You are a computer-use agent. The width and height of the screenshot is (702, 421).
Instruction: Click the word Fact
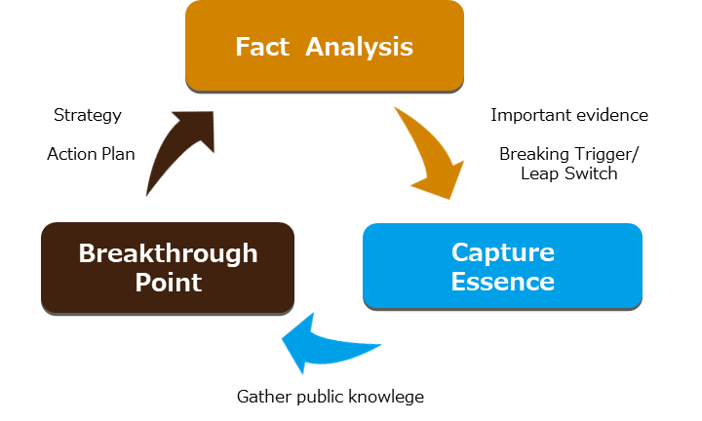click(262, 47)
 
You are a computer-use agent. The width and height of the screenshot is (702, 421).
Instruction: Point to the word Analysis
click(360, 47)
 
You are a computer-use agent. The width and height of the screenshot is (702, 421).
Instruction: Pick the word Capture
click(502, 252)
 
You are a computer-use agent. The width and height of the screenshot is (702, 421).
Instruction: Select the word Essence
click(502, 283)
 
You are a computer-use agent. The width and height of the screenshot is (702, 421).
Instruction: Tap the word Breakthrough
click(168, 253)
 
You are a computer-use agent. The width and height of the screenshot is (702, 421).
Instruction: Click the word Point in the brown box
click(168, 284)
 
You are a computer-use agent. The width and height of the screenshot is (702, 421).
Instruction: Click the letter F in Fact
click(243, 47)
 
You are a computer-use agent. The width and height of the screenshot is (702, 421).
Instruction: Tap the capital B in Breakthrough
click(86, 253)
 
